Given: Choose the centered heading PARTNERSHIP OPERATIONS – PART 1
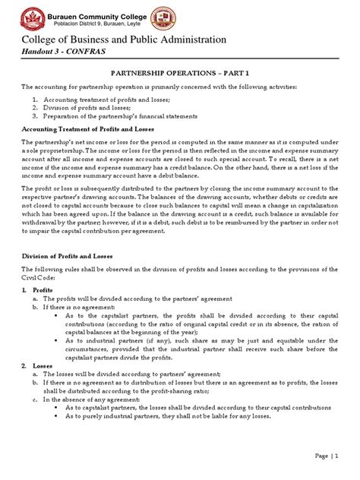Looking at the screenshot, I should click(179, 74).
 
